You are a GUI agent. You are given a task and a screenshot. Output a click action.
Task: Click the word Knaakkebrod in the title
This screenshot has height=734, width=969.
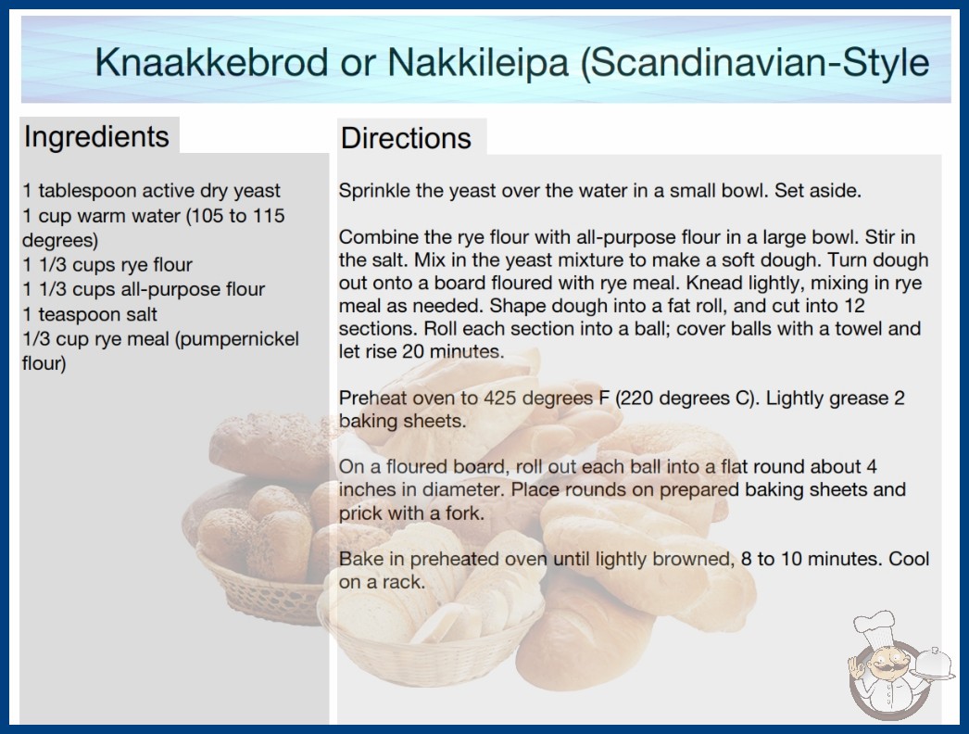211,62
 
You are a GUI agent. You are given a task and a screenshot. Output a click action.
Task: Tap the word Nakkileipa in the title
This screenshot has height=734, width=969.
478,62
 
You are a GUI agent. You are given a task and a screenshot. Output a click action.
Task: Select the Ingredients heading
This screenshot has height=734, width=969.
96,137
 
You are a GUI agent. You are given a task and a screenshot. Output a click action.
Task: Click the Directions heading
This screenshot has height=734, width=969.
406,138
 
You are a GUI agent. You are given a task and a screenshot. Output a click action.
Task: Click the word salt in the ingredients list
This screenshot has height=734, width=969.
140,314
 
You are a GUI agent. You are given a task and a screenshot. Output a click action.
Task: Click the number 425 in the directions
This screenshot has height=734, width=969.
500,398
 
